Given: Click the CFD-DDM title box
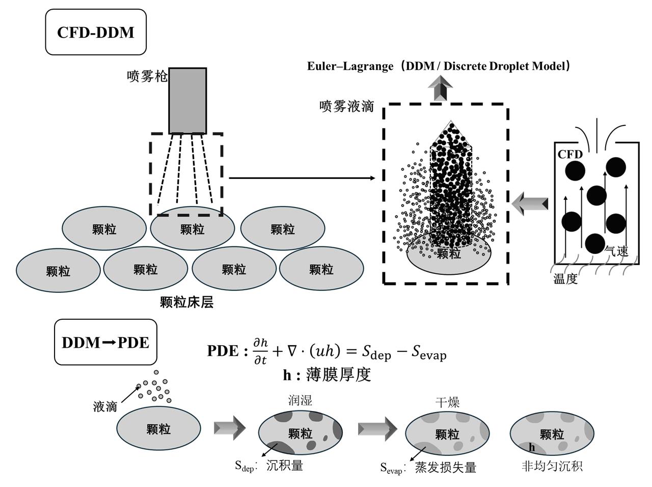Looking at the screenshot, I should coord(96,32).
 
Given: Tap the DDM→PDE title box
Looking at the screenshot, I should coord(105,342).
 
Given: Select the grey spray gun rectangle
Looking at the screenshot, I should coord(187,100).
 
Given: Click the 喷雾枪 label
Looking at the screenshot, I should coord(147,76).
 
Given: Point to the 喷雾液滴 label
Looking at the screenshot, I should coord(347,107).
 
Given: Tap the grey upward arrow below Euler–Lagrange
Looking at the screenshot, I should coord(440,88).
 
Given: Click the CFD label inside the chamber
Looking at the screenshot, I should coord(570,155).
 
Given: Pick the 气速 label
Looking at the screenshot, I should coord(616,251).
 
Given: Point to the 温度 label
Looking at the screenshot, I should coord(565,279).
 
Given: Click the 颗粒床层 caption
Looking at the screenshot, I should coord(186,302).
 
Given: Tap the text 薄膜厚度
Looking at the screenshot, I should coord(338,375).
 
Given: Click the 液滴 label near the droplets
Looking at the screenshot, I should coord(105,406).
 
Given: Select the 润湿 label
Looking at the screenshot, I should coord(300,400).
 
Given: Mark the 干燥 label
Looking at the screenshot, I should coord(447,402).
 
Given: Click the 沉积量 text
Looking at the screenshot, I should coord(285,465).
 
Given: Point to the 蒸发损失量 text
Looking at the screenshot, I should coord(445,467).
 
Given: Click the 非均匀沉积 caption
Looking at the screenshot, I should coord(552,466).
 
